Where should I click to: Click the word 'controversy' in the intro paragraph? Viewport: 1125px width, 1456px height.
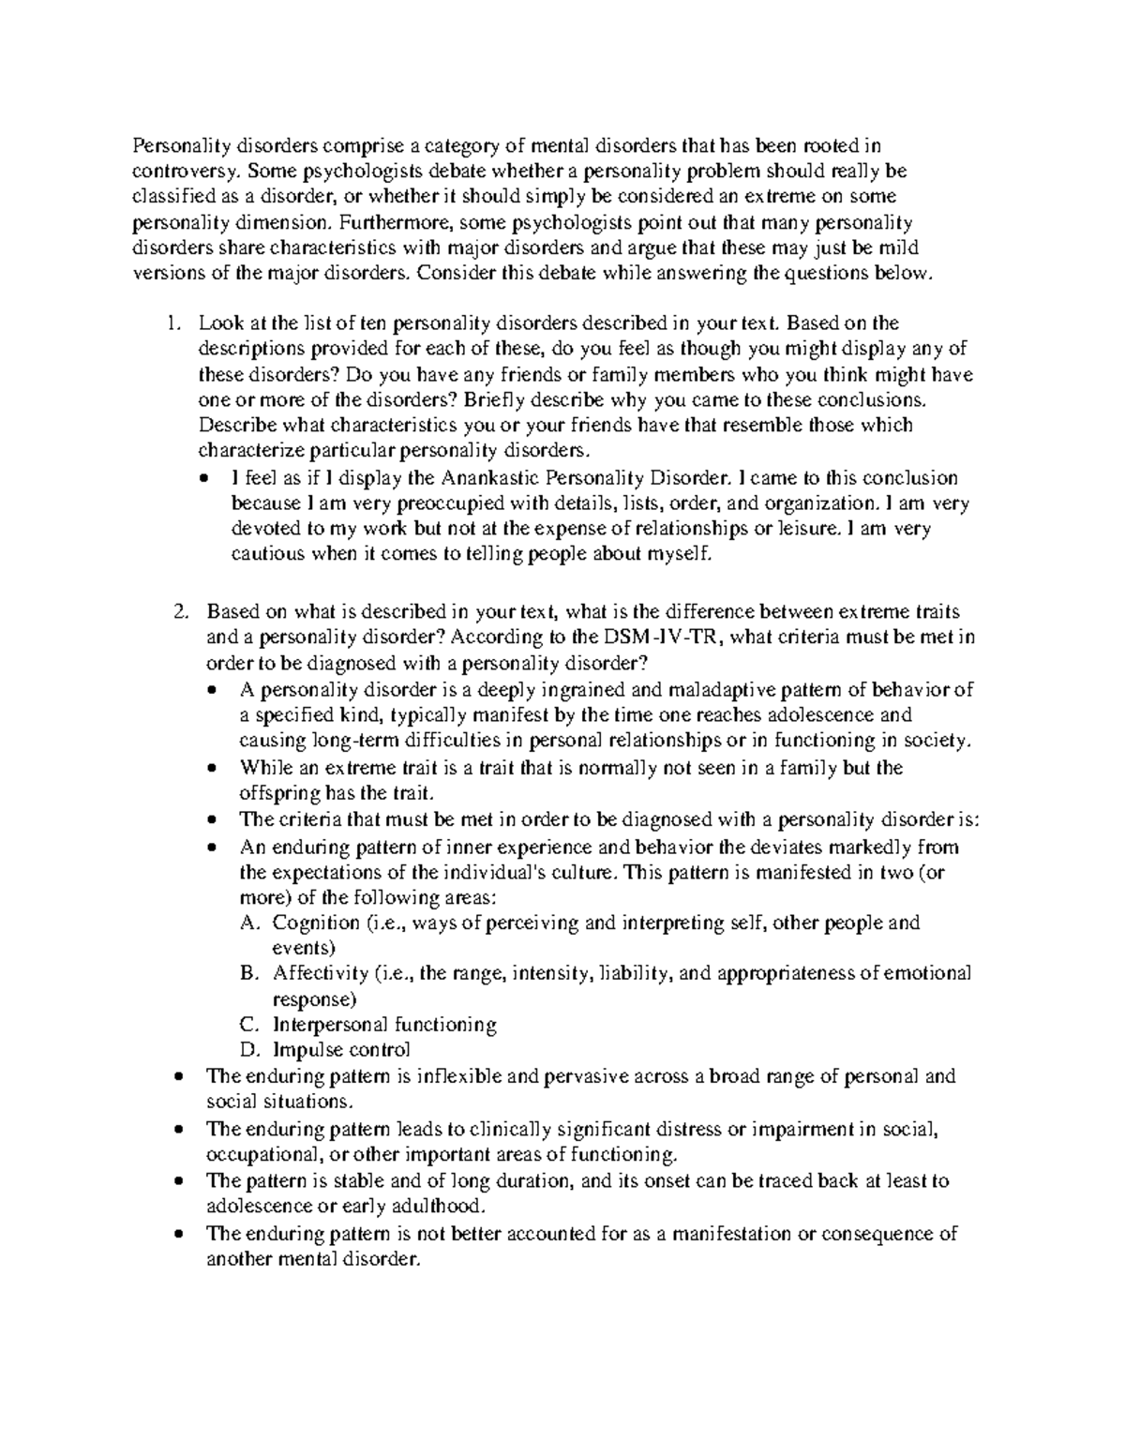(176, 172)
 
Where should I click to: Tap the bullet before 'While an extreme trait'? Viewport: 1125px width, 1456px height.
(215, 768)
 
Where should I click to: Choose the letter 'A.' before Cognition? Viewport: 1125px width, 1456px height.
(248, 923)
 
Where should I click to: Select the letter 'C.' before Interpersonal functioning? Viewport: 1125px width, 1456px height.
(248, 1024)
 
